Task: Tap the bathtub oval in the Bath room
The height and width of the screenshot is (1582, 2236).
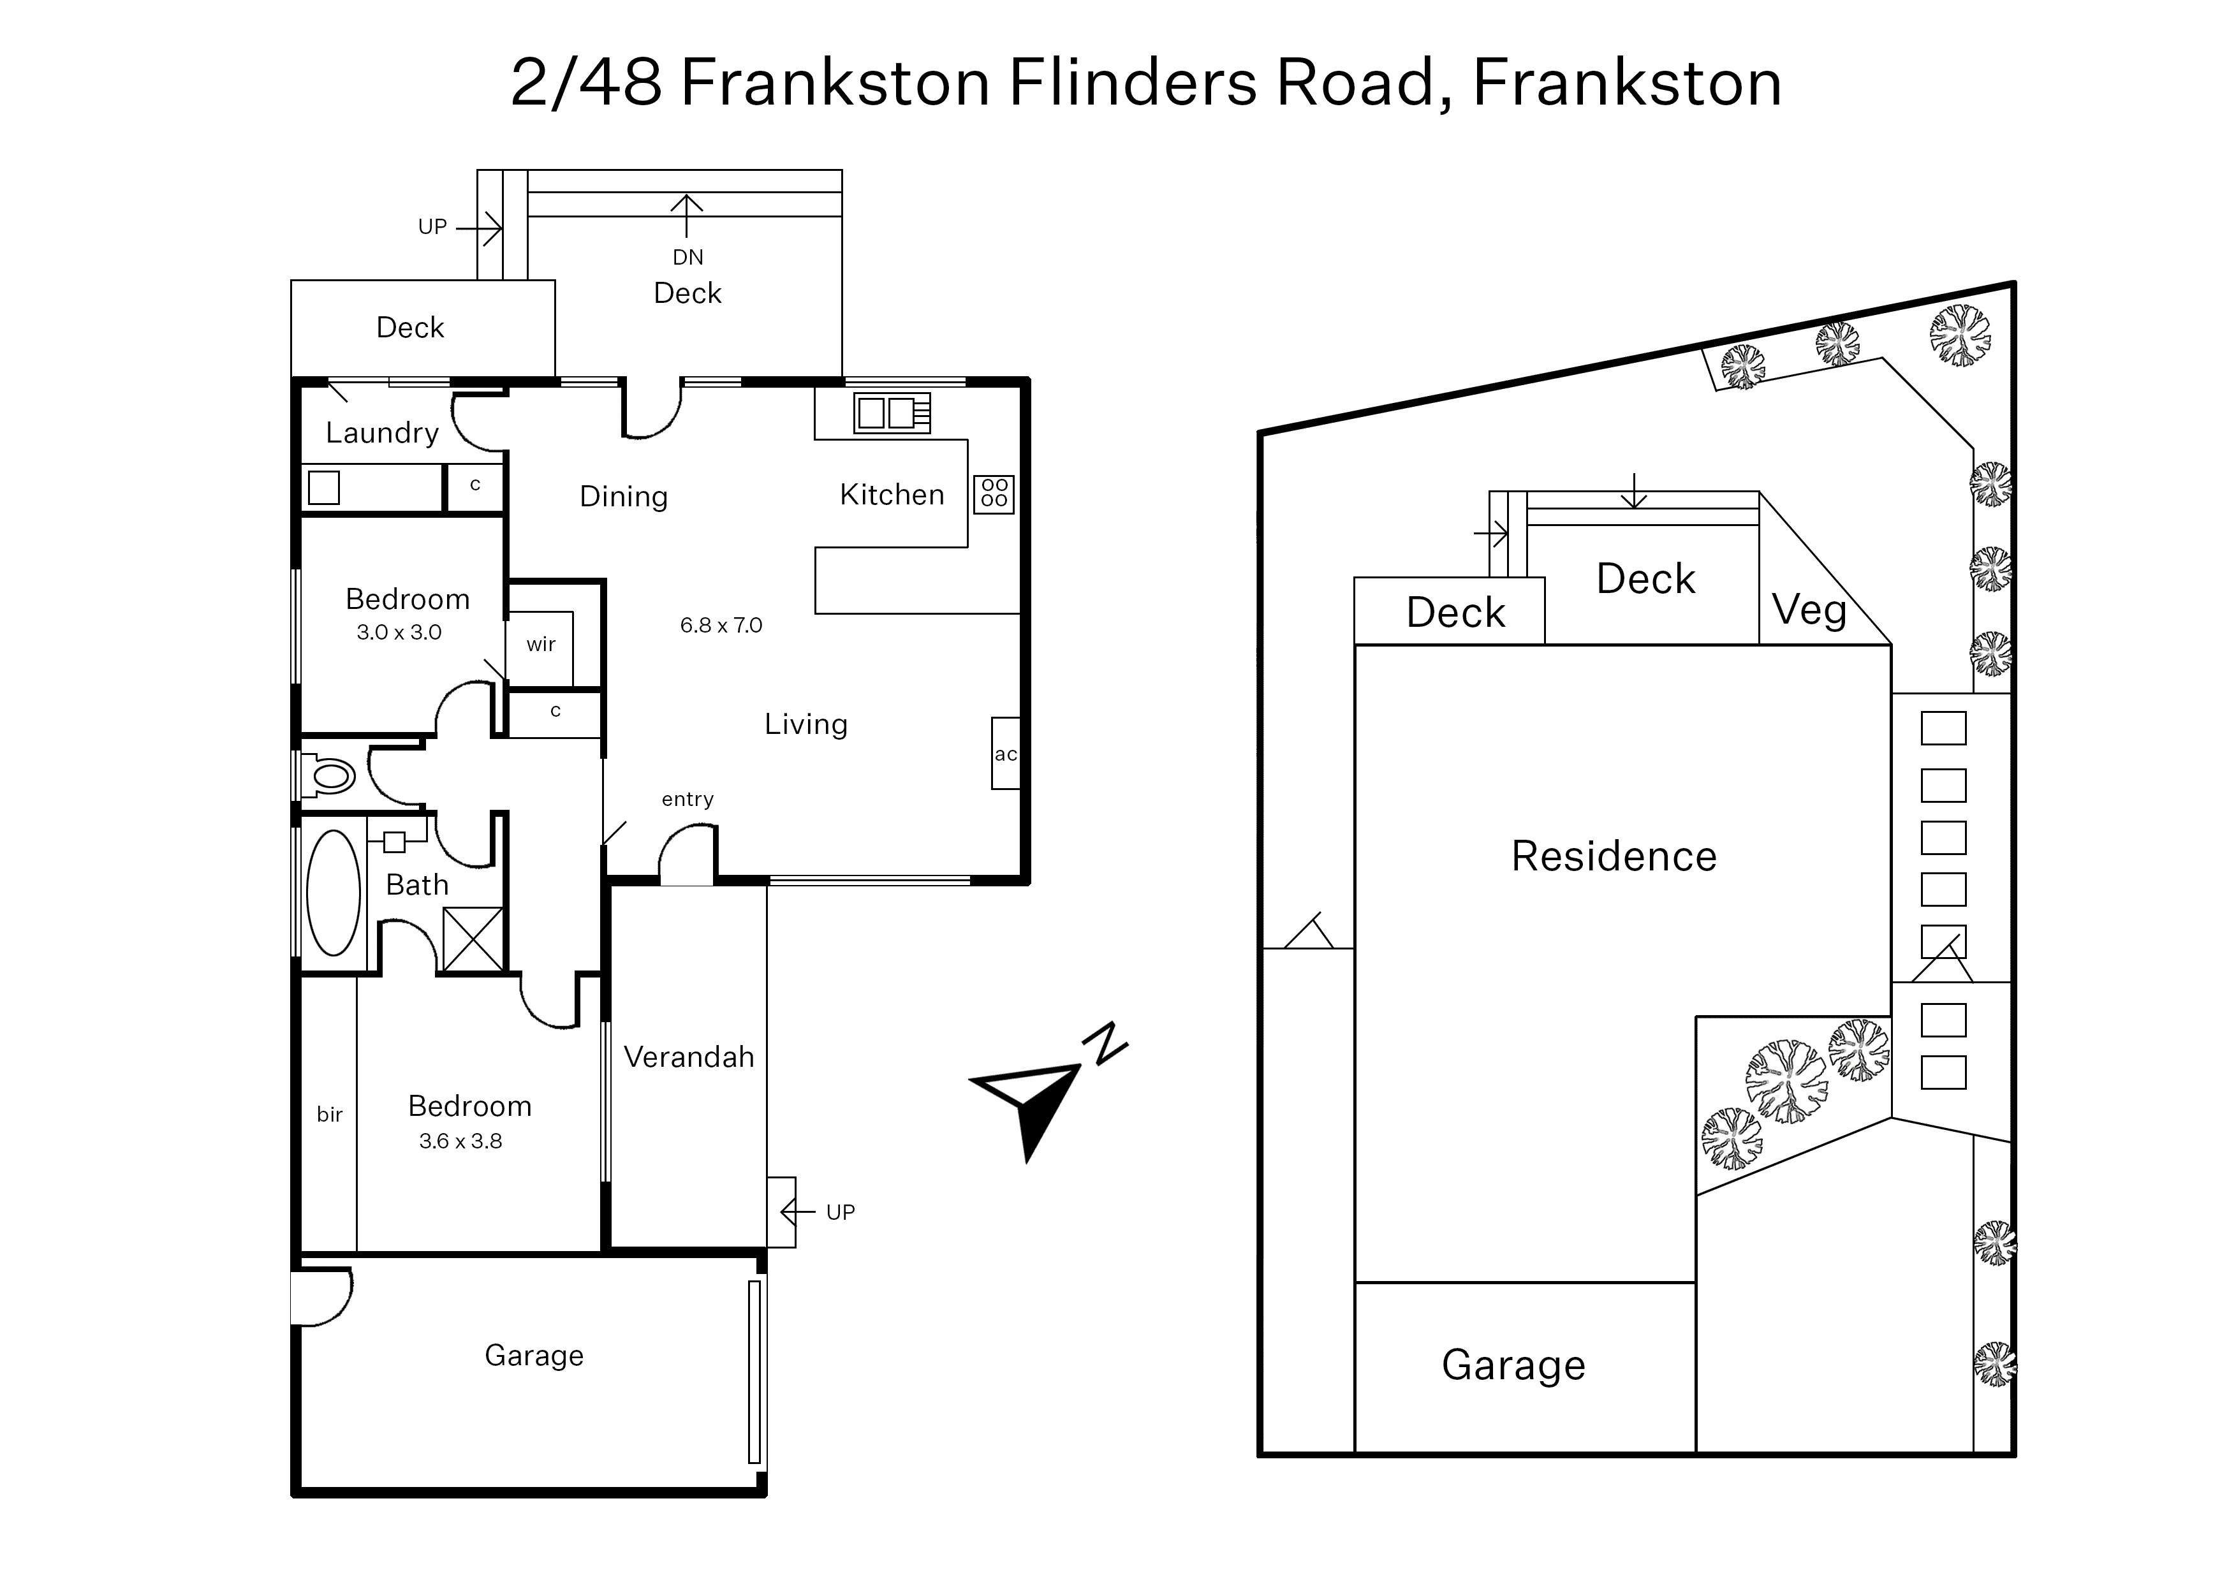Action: coord(333,892)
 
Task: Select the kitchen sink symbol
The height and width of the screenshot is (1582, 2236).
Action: coord(892,413)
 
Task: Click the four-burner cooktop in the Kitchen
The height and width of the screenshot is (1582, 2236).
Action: coord(994,494)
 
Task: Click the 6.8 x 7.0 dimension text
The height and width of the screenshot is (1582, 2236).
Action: coord(721,626)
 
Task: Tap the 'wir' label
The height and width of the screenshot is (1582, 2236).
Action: coord(541,644)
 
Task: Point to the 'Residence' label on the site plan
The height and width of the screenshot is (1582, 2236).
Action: coord(1614,856)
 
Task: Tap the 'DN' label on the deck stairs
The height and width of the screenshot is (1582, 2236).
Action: coord(688,257)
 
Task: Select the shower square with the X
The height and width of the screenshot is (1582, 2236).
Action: coord(473,939)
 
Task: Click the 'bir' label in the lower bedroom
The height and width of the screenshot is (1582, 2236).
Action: coord(329,1115)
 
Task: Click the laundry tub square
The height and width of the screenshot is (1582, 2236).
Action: coord(323,487)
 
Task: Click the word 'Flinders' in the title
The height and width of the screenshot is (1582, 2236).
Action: coord(1133,83)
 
